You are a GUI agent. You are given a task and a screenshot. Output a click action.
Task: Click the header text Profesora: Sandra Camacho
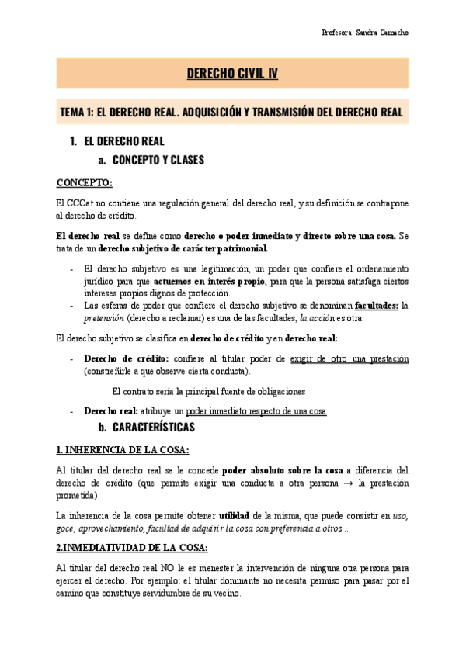coord(364,33)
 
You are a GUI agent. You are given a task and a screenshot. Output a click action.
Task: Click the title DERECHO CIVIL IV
coord(232,74)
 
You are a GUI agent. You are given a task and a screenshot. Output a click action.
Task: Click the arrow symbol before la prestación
coord(351,483)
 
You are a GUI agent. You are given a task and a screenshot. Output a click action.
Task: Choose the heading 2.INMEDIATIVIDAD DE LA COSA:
coord(132,548)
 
